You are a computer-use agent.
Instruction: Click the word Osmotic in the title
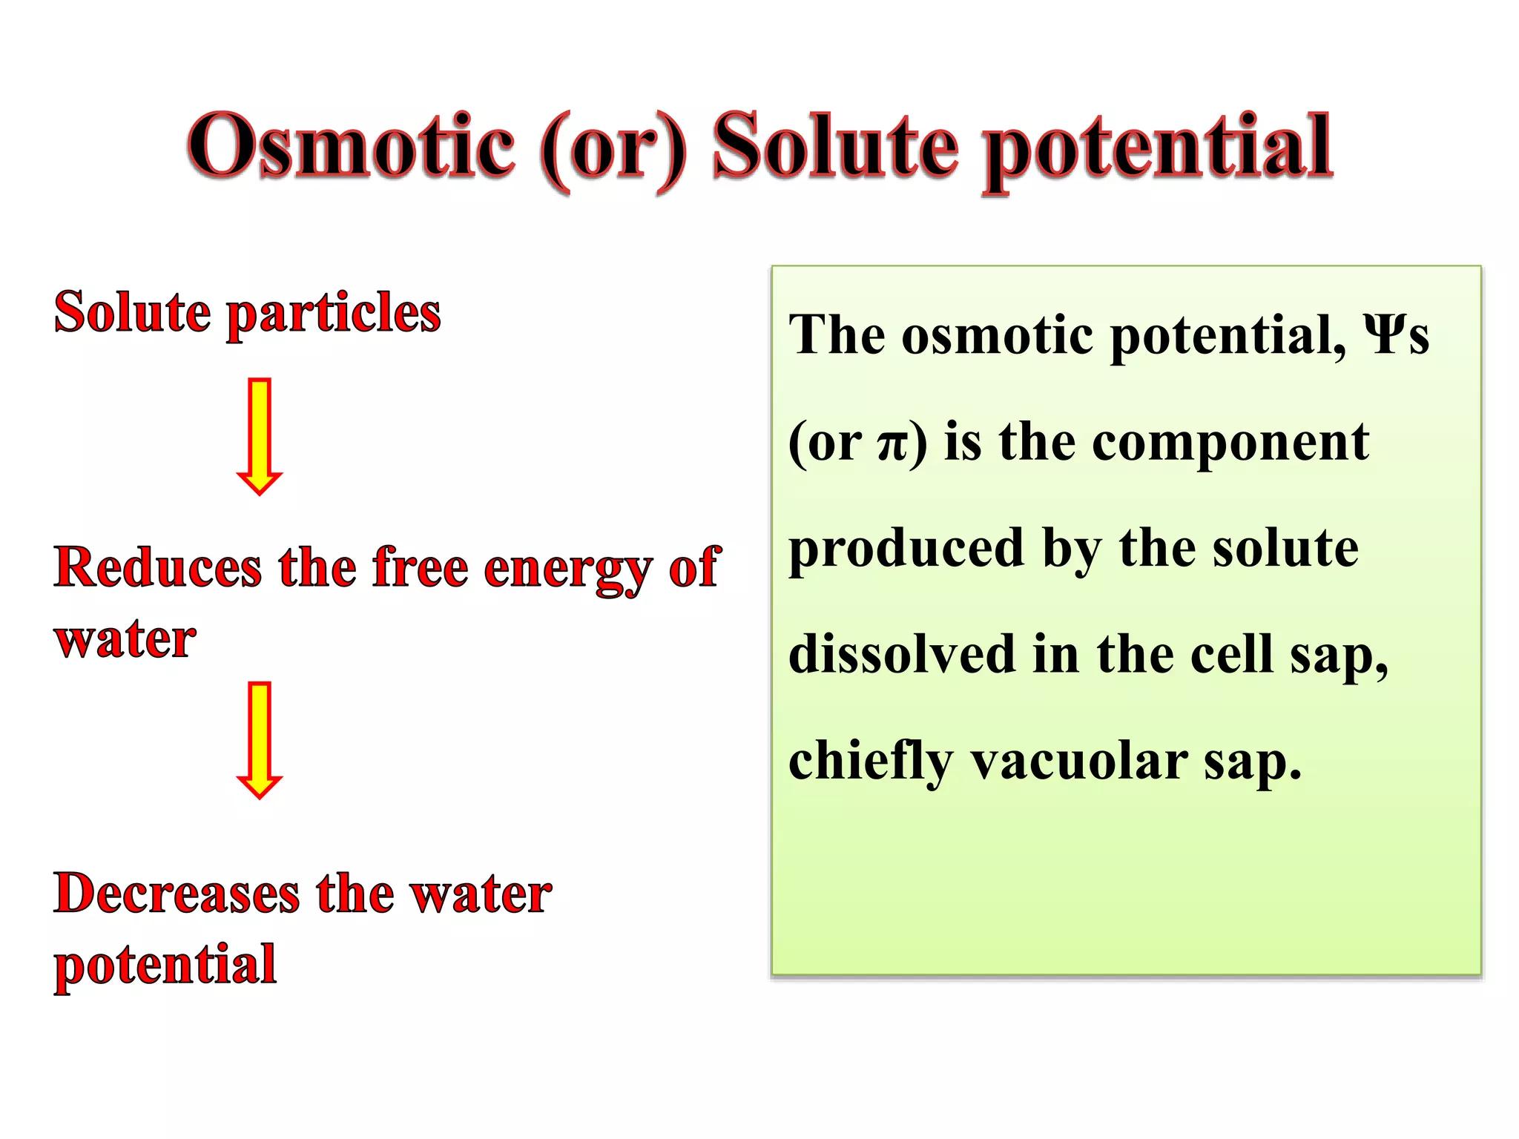coord(351,146)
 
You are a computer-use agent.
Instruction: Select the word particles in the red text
coord(333,314)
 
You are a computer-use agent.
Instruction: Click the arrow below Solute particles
coord(259,436)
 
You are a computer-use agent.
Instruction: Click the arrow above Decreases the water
coord(259,739)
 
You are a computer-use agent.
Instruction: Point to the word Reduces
coord(158,567)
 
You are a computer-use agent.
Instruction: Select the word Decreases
coord(177,894)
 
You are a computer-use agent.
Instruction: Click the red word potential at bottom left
coord(165,966)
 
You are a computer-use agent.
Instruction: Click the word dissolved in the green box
coord(901,656)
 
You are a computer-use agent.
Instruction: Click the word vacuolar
coord(1079,762)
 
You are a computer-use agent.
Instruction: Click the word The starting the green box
coord(837,336)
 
